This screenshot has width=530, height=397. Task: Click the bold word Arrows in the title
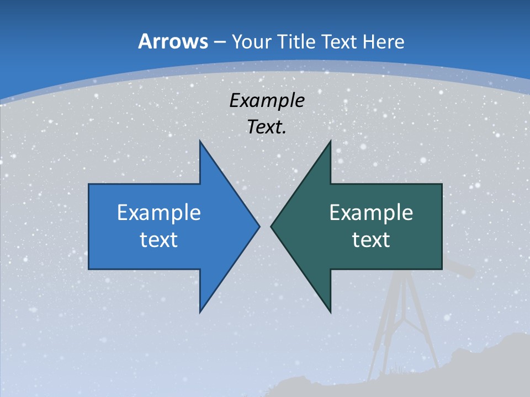point(172,41)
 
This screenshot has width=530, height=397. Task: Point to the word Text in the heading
point(339,41)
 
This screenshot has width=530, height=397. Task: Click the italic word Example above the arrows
point(267,100)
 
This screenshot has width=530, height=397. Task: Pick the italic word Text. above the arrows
point(267,127)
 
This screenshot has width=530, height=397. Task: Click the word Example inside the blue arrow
point(159,213)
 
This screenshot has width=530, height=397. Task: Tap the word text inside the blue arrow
point(159,239)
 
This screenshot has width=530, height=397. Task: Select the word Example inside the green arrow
point(371,213)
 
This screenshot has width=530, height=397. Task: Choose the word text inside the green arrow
point(371,239)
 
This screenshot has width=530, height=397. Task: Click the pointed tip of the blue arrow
point(258,226)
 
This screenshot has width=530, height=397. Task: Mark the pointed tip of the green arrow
point(272,226)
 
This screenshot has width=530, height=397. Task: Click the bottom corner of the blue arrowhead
point(200,311)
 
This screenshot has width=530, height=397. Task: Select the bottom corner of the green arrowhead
point(330,311)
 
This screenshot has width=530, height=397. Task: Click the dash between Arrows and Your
point(219,42)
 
